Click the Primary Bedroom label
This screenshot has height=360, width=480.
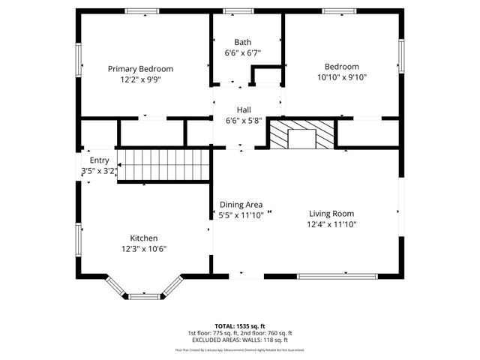tap(139, 67)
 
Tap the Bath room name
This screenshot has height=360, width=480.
tap(243, 42)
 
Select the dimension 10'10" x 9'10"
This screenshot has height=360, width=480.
tap(341, 76)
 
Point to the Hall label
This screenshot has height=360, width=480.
tap(244, 109)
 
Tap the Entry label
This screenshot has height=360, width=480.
tap(99, 160)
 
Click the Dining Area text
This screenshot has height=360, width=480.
tap(241, 204)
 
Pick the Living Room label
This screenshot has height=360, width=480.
tap(330, 213)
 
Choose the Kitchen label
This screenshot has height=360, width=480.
tap(143, 238)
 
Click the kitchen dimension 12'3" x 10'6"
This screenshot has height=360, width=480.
tap(143, 249)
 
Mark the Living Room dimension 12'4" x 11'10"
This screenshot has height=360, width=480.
tap(331, 224)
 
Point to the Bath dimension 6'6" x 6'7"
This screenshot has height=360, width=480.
tap(243, 53)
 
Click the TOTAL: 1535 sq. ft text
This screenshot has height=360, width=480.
tap(240, 326)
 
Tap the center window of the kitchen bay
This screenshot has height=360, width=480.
tap(145, 297)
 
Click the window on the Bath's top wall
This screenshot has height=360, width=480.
tap(238, 11)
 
